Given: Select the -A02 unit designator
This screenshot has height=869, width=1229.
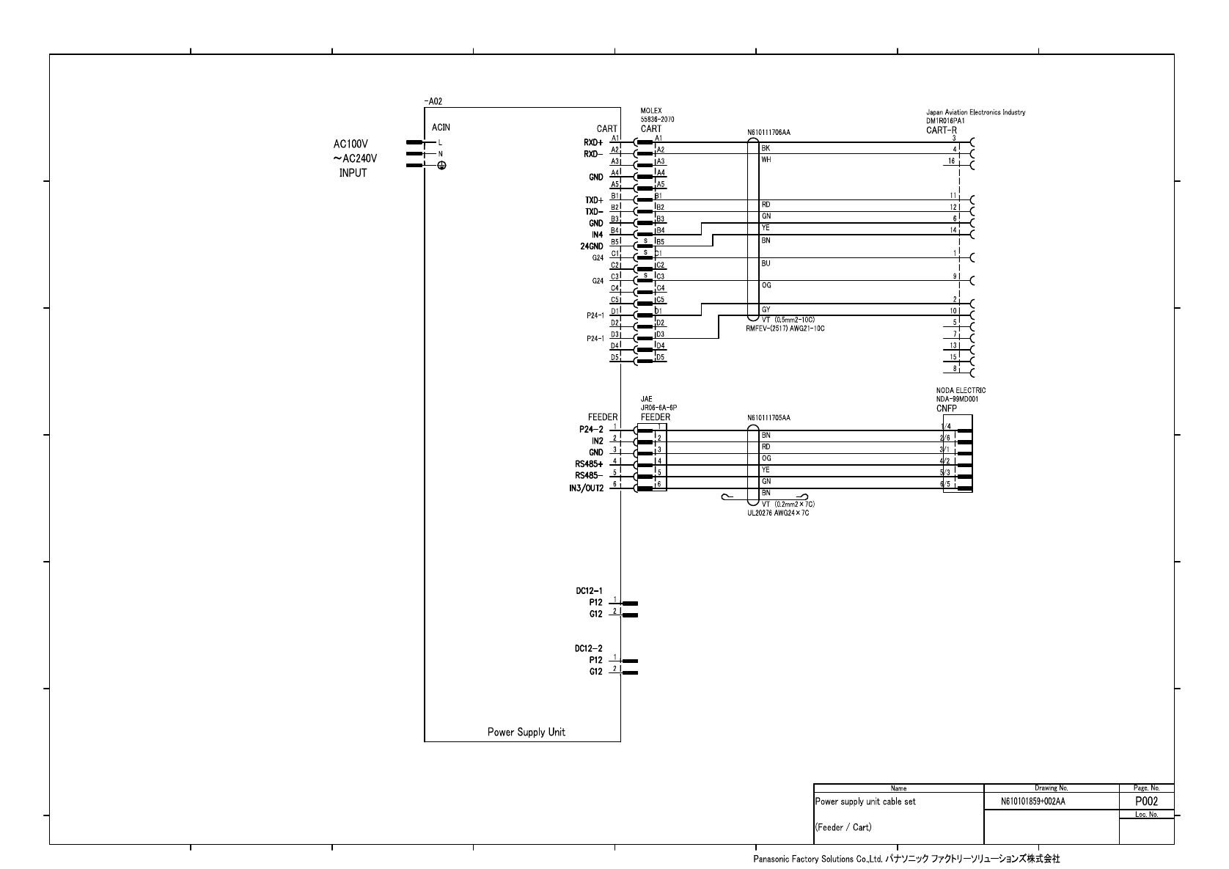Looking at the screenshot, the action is coord(433,102).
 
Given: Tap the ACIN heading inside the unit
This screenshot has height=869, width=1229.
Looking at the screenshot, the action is coord(441,128).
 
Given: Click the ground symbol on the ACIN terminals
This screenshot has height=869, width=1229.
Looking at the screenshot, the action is coord(441,166).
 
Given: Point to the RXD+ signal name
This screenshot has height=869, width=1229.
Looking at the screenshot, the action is coord(593,142).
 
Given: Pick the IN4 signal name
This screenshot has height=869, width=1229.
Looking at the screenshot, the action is coord(597,235).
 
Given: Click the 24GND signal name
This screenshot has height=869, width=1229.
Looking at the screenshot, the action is coord(592,246).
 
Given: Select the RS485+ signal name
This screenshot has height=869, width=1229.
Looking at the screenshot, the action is coord(590,464).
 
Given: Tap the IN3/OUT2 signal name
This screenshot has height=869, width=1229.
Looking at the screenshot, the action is coord(587,488).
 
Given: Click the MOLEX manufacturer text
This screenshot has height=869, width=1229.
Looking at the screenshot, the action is coord(650,111).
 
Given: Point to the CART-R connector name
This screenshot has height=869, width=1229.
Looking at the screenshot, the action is coord(941,130).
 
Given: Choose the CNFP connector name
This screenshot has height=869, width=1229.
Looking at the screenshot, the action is coord(946,408).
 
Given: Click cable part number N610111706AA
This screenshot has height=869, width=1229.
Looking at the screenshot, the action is coord(768,133).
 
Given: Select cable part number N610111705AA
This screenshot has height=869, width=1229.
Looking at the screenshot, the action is coord(768,418).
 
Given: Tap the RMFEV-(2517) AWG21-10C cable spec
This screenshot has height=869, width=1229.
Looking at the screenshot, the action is coord(785,329).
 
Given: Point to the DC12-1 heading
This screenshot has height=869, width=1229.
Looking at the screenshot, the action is coord(589,590).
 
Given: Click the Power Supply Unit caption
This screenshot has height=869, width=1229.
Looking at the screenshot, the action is coord(526,732).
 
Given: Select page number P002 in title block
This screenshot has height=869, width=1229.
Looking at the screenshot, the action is coord(1146,802).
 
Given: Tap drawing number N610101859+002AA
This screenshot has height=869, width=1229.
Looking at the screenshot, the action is coord(1032,802).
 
